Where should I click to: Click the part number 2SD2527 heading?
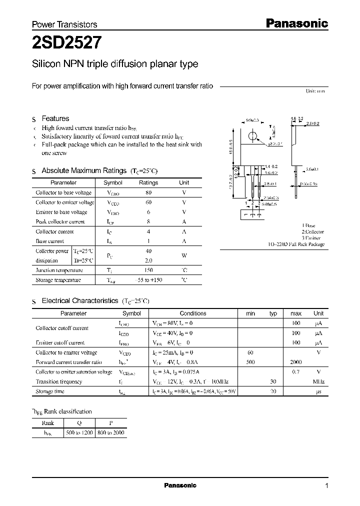point(67,43)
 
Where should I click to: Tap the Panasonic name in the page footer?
point(180,485)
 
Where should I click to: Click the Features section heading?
point(55,118)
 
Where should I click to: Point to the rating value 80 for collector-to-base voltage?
point(148,192)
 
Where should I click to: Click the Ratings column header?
point(148,183)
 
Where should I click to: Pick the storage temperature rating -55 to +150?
point(148,280)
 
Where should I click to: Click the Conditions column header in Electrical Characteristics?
point(193,313)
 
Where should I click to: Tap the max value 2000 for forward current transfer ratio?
point(296,362)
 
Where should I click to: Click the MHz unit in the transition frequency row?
point(318,381)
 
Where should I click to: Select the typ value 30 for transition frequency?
point(273,381)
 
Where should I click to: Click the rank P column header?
point(110,423)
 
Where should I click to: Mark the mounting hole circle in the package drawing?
point(253,136)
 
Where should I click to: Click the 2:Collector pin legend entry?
point(312,232)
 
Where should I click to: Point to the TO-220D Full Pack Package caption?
point(295,244)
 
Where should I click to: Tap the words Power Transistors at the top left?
point(64,24)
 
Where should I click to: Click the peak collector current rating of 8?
point(148,221)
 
